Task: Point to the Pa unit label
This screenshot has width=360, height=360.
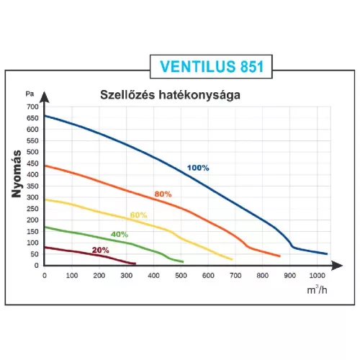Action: point(30,94)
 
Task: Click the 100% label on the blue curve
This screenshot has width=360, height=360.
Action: point(198,168)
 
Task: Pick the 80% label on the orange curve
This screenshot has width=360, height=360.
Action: point(162,194)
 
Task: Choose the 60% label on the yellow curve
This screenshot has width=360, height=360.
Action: point(138,215)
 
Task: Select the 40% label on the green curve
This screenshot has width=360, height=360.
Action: point(119,234)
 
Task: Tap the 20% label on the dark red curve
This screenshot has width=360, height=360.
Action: point(100,250)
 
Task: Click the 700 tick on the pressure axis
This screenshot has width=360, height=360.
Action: point(31,107)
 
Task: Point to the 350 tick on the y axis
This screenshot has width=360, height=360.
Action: point(31,186)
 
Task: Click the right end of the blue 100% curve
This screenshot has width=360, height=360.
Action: point(326,253)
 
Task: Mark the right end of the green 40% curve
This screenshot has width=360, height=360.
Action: point(182,261)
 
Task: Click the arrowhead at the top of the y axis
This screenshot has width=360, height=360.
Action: point(45,94)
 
